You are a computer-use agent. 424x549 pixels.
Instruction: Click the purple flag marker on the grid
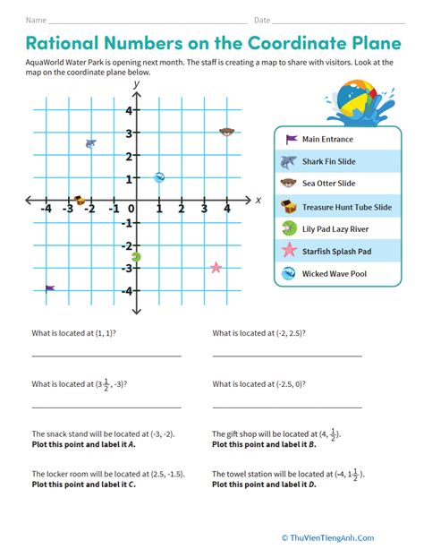click(50, 288)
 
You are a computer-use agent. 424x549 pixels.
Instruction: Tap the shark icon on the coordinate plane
click(89, 143)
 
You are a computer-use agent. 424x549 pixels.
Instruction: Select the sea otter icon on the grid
click(227, 133)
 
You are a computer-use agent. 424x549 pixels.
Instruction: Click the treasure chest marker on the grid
click(79, 201)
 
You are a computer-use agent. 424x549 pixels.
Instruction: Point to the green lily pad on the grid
click(136, 257)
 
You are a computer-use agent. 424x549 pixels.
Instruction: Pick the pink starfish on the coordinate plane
click(216, 268)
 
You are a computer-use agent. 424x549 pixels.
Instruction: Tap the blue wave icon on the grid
click(159, 177)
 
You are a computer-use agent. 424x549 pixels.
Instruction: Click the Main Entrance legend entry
click(327, 140)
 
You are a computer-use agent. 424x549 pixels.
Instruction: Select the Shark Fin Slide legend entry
click(328, 162)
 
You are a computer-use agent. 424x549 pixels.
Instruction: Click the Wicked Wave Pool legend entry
click(333, 274)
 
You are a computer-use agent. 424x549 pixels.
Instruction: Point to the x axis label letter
click(259, 200)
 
